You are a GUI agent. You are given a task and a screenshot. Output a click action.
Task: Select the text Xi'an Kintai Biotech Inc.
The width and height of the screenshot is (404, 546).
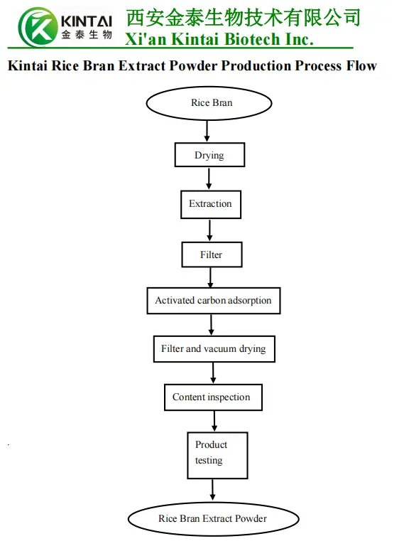point(219,39)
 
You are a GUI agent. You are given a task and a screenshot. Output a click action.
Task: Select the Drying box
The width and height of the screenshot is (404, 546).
point(209,155)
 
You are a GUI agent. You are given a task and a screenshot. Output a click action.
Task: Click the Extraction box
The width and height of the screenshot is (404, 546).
point(210,204)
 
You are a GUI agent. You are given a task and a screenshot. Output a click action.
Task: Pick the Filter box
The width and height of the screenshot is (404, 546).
point(211,255)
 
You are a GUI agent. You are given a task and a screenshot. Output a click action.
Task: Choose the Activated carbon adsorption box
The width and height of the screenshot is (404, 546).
point(213,300)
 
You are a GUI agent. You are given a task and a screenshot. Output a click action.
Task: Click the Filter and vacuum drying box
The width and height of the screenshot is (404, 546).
point(213,349)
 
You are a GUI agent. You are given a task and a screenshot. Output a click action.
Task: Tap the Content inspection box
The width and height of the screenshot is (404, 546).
point(212,397)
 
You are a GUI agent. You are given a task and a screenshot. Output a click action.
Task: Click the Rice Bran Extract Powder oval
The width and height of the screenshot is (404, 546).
point(213,518)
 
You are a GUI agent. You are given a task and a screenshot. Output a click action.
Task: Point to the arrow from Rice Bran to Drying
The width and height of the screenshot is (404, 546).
point(207,130)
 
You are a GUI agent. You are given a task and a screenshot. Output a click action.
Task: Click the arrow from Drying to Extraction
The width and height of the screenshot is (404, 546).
point(209,178)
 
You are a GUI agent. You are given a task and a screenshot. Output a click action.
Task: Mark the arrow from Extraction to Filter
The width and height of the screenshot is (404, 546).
point(210,230)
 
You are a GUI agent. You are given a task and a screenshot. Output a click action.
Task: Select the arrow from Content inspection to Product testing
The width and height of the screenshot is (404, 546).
point(214,421)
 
